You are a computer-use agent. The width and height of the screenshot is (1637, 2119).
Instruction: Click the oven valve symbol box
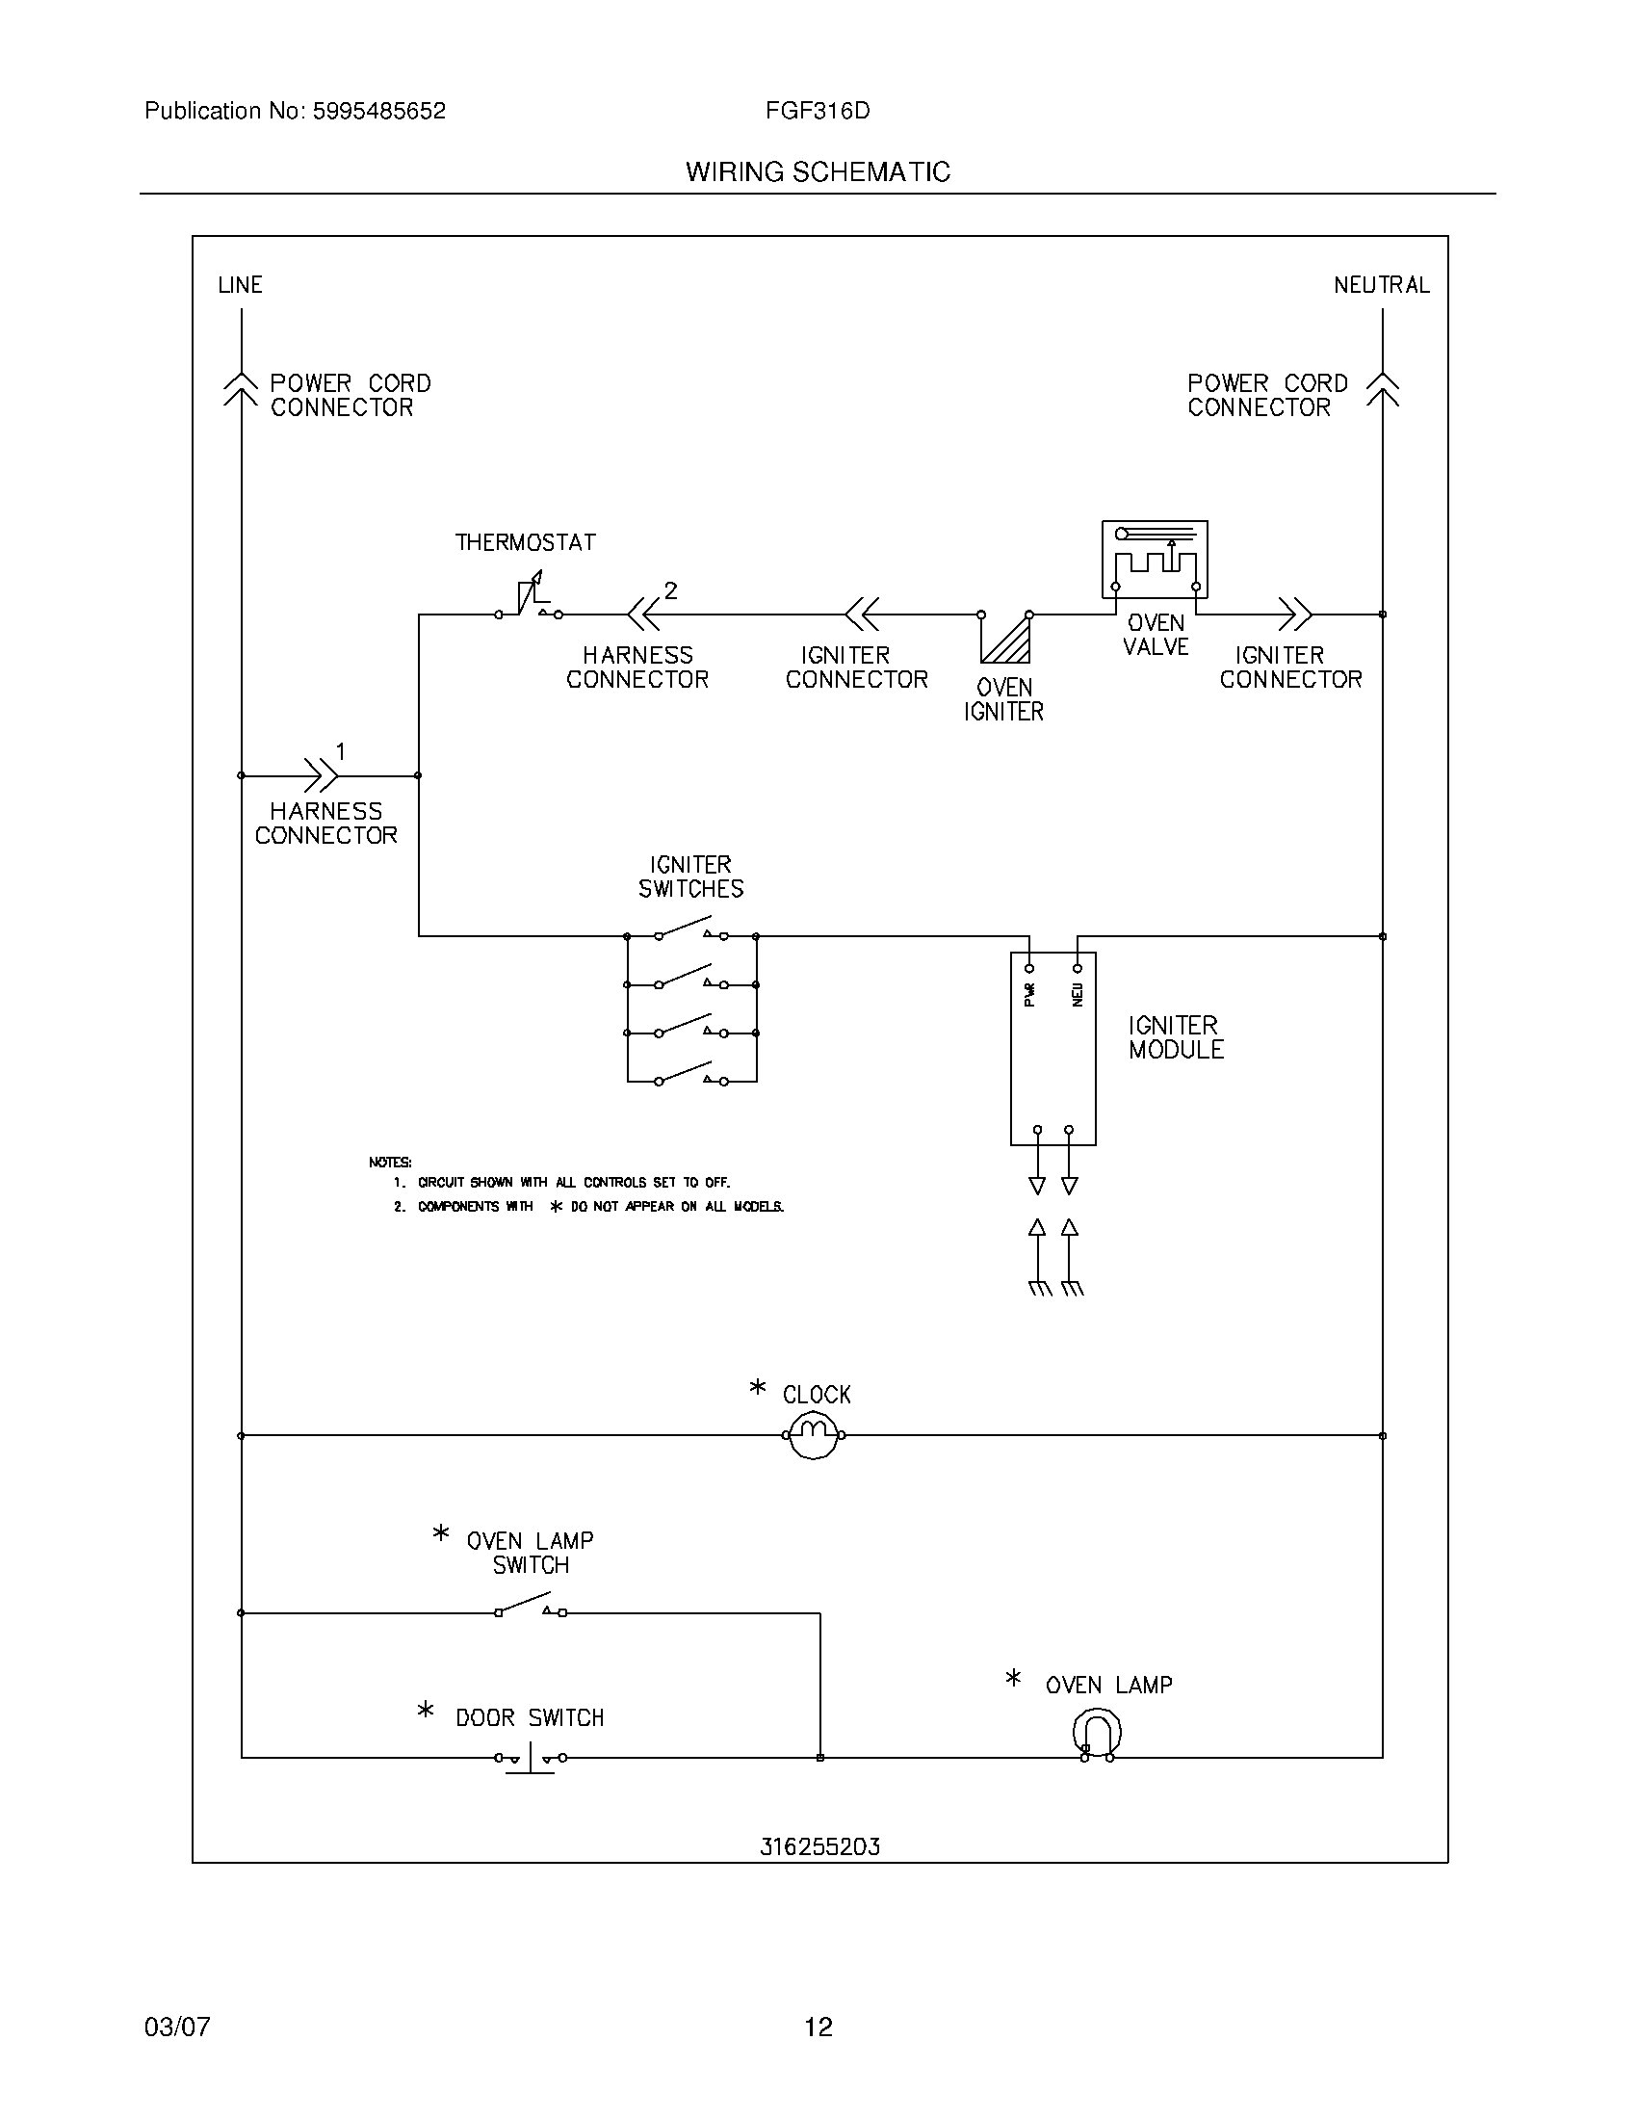click(x=1154, y=559)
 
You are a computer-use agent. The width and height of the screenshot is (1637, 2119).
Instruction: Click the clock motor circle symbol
click(x=813, y=1435)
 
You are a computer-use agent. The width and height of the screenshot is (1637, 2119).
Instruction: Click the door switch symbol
click(x=530, y=1757)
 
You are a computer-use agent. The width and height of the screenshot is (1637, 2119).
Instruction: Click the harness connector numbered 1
click(x=321, y=775)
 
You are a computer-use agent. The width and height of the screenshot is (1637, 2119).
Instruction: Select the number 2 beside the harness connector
click(x=670, y=589)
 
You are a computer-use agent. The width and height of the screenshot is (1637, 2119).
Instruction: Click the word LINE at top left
click(x=240, y=284)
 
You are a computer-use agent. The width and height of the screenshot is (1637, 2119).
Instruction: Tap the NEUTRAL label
click(x=1381, y=284)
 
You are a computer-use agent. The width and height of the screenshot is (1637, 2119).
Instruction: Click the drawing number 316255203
click(x=819, y=1846)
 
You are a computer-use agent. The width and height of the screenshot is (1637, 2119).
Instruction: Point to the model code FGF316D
click(x=818, y=111)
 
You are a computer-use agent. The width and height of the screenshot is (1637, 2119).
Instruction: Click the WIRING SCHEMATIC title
click(x=818, y=171)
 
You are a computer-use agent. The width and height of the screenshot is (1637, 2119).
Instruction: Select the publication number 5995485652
click(x=378, y=111)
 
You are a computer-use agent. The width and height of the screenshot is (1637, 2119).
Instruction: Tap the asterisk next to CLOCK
click(x=758, y=1388)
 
